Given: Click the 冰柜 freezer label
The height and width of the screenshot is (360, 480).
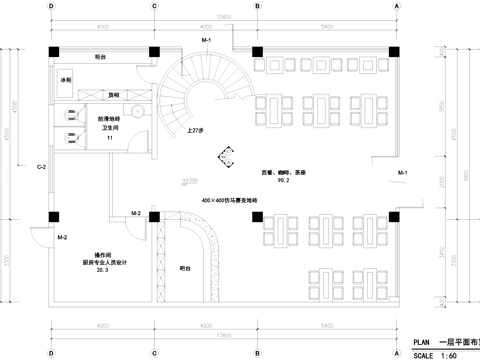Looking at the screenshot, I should pos(67,78).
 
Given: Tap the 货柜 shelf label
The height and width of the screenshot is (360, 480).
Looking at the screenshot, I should pos(115,93).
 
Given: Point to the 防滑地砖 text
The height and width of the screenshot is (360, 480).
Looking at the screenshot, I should pos(110,120).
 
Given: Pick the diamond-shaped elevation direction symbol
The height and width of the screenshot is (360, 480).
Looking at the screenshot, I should pos(227,155).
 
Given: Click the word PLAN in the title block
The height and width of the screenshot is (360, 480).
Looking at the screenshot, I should pos(421,341).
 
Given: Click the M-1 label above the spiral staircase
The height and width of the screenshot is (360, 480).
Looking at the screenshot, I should pos(205,39).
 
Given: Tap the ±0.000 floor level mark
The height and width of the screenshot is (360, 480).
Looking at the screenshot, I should pos(189,181).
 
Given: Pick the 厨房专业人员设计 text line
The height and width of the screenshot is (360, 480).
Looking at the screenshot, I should pos(103,262).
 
